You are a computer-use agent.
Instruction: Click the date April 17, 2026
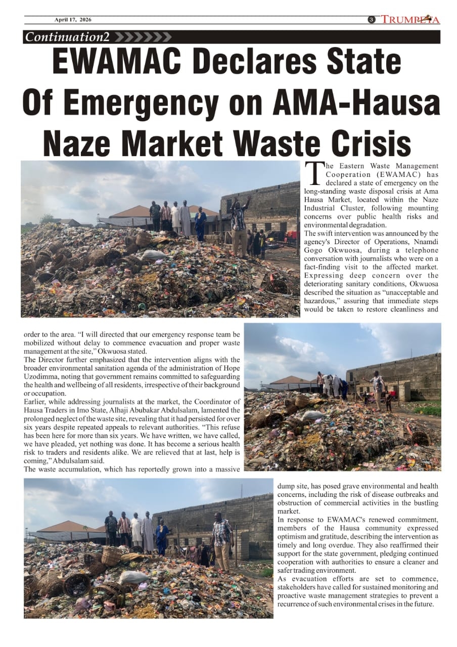(73, 20)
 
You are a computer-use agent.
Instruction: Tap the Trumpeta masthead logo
(410, 20)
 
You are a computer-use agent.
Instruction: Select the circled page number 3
(371, 20)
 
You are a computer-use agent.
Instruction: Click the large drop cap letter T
(314, 173)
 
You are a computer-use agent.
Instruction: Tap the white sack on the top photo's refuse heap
(154, 255)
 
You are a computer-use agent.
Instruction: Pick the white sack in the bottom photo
(133, 577)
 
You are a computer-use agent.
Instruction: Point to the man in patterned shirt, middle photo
(377, 389)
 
